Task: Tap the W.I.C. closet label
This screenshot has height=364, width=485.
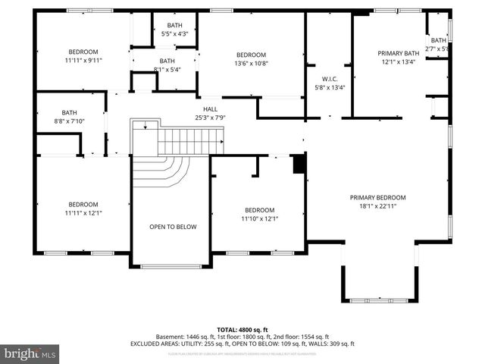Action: click(329, 79)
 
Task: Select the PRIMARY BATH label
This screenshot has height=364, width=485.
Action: click(399, 53)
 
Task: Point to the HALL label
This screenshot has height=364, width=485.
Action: click(210, 109)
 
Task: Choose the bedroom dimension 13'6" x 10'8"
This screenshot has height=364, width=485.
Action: click(251, 63)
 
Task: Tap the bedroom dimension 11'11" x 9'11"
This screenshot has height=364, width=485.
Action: click(83, 60)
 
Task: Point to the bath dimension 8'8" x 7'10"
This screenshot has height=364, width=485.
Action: click(70, 121)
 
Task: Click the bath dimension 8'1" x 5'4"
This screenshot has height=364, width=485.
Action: click(167, 69)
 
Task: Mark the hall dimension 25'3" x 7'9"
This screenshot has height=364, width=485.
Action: click(210, 118)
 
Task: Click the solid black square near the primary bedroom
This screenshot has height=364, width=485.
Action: click(299, 163)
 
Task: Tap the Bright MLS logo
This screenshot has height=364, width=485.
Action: click(30, 353)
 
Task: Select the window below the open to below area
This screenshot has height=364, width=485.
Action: click(171, 266)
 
